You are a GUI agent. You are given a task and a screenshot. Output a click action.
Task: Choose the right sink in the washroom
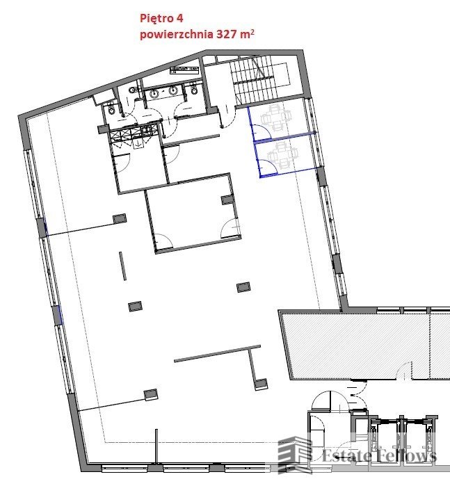tap(172, 92)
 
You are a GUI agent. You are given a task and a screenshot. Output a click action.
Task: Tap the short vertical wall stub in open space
tap(121, 267)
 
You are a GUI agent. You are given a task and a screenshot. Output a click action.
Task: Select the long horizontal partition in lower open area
tap(209, 356)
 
